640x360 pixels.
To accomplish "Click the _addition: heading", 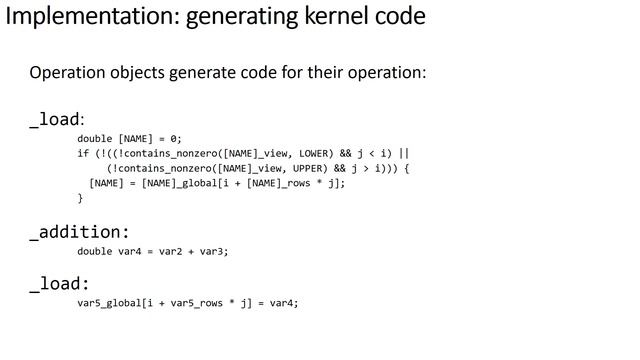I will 79,232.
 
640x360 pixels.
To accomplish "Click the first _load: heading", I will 56,120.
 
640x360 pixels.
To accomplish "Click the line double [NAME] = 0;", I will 130,139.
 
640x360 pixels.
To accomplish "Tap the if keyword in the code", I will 82,154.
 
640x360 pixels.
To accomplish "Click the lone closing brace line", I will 81,198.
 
